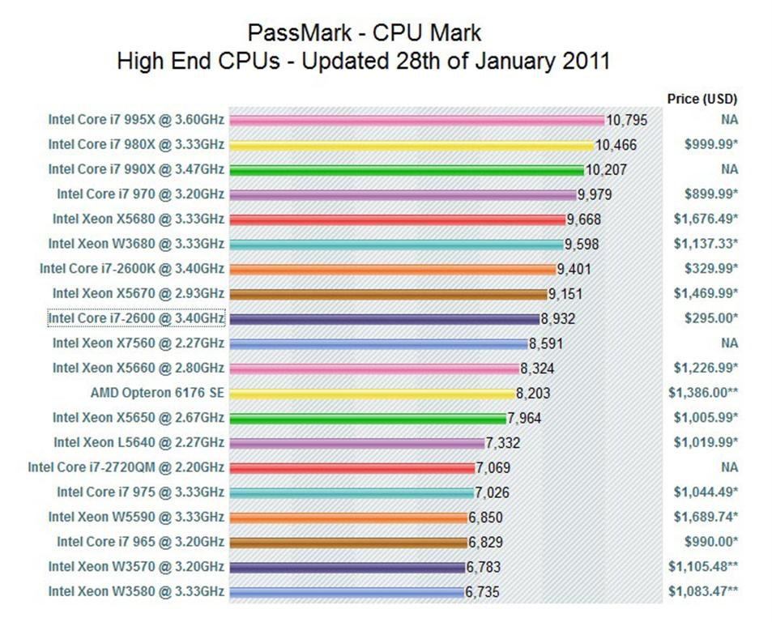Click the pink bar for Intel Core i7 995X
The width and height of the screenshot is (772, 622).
(417, 121)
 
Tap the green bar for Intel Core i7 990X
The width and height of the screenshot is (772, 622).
(406, 170)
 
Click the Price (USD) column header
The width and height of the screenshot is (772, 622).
(702, 99)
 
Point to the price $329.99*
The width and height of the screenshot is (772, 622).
(706, 268)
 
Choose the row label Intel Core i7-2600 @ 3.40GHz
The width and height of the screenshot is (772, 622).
(136, 318)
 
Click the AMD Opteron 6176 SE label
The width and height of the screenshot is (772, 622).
(157, 393)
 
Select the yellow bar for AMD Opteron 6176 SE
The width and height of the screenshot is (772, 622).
(372, 393)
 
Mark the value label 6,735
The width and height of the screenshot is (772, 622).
(482, 592)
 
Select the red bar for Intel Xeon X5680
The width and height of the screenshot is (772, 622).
(397, 219)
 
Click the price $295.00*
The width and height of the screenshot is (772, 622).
(706, 318)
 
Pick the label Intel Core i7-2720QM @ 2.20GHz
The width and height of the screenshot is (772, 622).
(126, 467)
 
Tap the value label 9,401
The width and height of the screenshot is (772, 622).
(574, 270)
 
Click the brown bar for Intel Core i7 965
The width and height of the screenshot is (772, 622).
(348, 542)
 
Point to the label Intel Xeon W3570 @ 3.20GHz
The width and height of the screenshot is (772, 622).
(136, 566)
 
